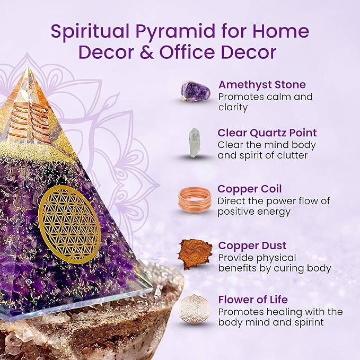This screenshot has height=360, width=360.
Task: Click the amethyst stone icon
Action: click(x=195, y=91)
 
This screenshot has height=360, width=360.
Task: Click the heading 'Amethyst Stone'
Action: click(x=262, y=85)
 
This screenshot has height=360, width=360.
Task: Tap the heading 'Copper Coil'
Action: click(x=249, y=189)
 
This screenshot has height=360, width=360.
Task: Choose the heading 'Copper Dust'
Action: click(x=252, y=245)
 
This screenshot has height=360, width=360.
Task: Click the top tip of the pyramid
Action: click(x=34, y=69)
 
